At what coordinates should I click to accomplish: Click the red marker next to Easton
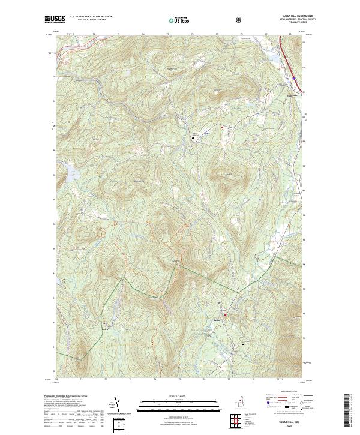pos(226,314)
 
